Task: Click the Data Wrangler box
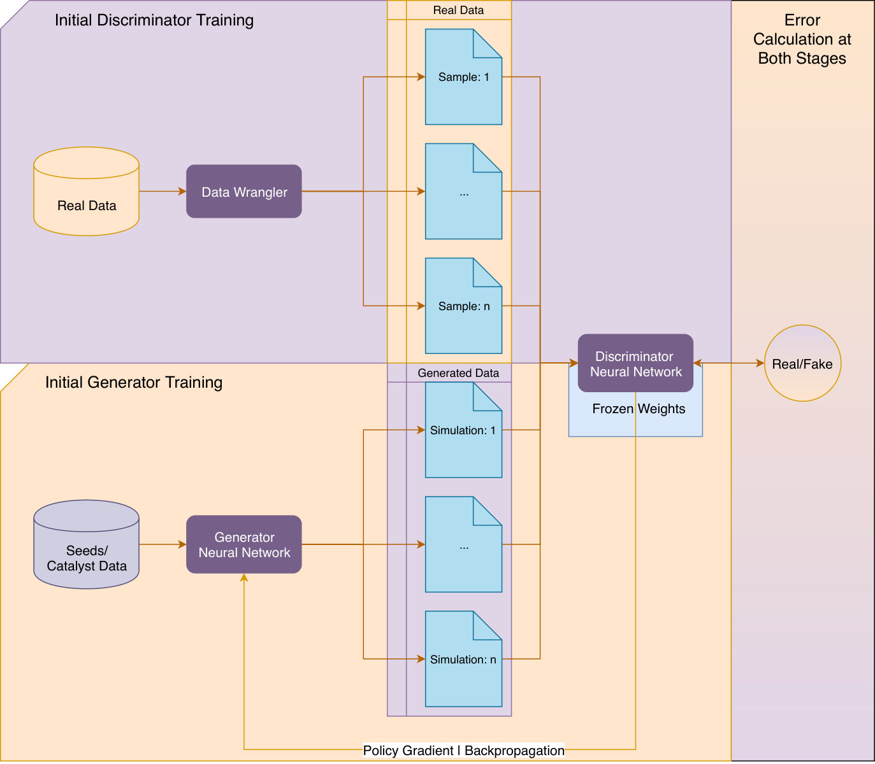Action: pos(244,192)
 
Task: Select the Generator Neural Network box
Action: pos(244,544)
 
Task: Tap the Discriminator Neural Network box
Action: pos(635,363)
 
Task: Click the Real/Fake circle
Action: pos(802,363)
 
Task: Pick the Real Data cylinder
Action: pos(87,192)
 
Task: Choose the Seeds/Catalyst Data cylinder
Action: pos(87,544)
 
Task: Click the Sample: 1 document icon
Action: pos(463,77)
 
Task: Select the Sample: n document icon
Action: pos(463,306)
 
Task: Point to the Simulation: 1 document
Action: pos(463,430)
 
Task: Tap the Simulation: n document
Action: pos(463,659)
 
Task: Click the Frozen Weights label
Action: pos(639,409)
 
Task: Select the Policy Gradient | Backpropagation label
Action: pos(463,751)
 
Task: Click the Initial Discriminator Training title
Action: pos(154,20)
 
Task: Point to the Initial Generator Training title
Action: pos(134,382)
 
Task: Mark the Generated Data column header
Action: pos(458,373)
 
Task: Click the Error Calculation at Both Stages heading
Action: pos(802,39)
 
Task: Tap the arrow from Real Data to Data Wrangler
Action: pos(163,192)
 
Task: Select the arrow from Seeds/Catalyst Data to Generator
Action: pos(163,544)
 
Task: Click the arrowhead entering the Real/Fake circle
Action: pos(760,363)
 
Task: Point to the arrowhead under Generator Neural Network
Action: pos(244,577)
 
